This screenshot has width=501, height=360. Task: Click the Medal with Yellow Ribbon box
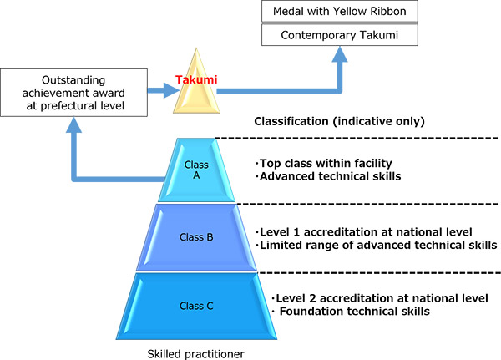(340, 11)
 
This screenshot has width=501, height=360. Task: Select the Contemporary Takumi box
(340, 35)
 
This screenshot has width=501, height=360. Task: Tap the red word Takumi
(196, 79)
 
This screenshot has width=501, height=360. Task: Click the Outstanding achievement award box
(73, 93)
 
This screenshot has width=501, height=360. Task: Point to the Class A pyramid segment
(196, 170)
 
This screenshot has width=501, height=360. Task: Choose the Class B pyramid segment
(196, 237)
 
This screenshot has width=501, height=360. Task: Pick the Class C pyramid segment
(196, 306)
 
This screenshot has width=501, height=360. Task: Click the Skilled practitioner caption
(196, 354)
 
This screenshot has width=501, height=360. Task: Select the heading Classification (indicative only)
(339, 121)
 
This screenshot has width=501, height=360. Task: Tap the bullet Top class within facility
(324, 164)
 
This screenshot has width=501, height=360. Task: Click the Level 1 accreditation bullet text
(363, 232)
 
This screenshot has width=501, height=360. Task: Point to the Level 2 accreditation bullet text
(380, 298)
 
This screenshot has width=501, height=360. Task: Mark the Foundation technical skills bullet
(351, 311)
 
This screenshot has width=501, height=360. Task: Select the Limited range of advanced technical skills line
(376, 246)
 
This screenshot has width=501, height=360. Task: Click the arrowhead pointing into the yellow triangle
(171, 90)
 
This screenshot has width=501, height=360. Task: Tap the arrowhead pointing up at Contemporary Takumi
(340, 54)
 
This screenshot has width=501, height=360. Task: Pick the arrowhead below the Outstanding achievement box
(73, 125)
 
